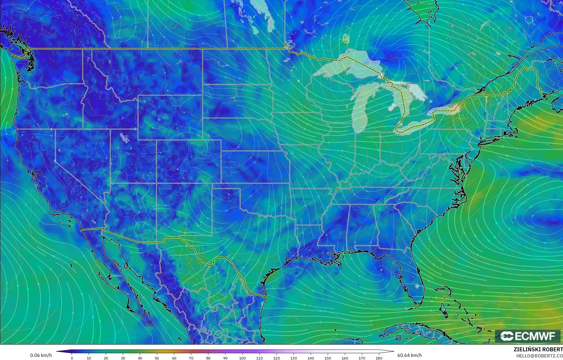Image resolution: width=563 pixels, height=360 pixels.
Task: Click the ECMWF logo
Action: (x=527, y=336)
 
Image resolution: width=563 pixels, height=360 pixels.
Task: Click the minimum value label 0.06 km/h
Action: (x=41, y=355)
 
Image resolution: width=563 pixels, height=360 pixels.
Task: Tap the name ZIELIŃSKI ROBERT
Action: (x=538, y=349)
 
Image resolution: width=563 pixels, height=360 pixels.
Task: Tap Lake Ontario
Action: (x=442, y=109)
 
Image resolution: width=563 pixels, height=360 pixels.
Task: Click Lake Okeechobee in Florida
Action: (x=417, y=286)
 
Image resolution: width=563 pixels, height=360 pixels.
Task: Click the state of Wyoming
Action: (x=170, y=117)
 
